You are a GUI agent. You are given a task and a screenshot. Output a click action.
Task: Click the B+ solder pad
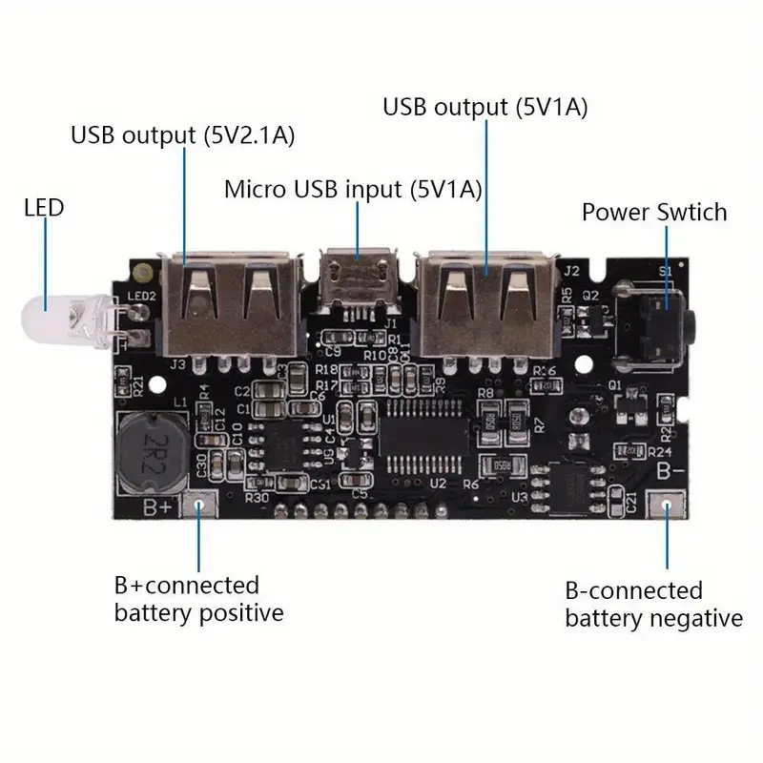pyautogui.click(x=201, y=505)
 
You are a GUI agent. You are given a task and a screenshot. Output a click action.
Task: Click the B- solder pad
pyautogui.click(x=667, y=505)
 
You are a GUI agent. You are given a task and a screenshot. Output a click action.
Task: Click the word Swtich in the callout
pyautogui.click(x=683, y=212)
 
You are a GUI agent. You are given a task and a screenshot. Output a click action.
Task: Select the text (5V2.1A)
pyautogui.click(x=248, y=135)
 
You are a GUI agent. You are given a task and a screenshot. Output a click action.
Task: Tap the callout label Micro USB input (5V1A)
pyautogui.click(x=353, y=189)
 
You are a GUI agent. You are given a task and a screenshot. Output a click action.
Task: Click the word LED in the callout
pyautogui.click(x=44, y=207)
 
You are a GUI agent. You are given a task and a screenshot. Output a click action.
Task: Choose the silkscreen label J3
pyautogui.click(x=177, y=363)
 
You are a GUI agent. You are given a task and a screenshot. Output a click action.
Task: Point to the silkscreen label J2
pyautogui.click(x=572, y=270)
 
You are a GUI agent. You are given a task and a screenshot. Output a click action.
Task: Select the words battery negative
pyautogui.click(x=653, y=618)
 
